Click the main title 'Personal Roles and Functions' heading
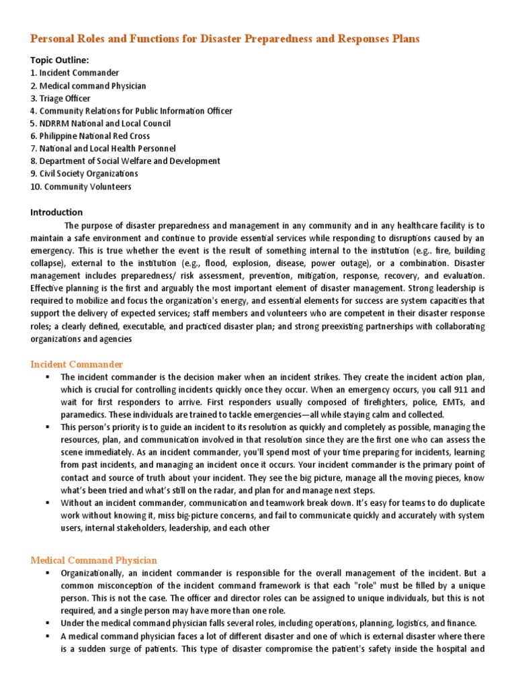225,39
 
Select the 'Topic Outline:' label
59,60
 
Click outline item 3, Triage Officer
65,98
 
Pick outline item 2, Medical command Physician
88,85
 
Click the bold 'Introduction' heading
56,212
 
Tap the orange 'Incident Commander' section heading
77,364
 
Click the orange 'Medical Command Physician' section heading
94,560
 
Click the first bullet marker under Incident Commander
48,377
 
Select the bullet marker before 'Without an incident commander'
48,503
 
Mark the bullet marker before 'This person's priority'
48,427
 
